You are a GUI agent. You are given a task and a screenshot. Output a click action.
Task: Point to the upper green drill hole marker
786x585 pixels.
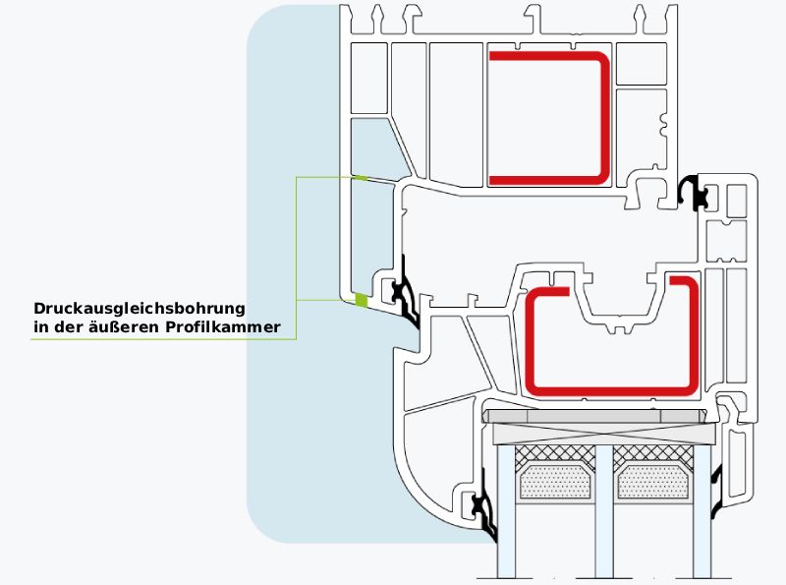tap(361, 178)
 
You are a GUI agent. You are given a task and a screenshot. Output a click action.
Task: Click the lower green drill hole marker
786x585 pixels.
tap(361, 300)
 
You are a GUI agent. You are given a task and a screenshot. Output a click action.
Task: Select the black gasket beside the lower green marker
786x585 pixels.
tap(404, 296)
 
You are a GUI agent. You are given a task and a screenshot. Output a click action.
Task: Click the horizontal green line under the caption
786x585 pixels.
tap(162, 339)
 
